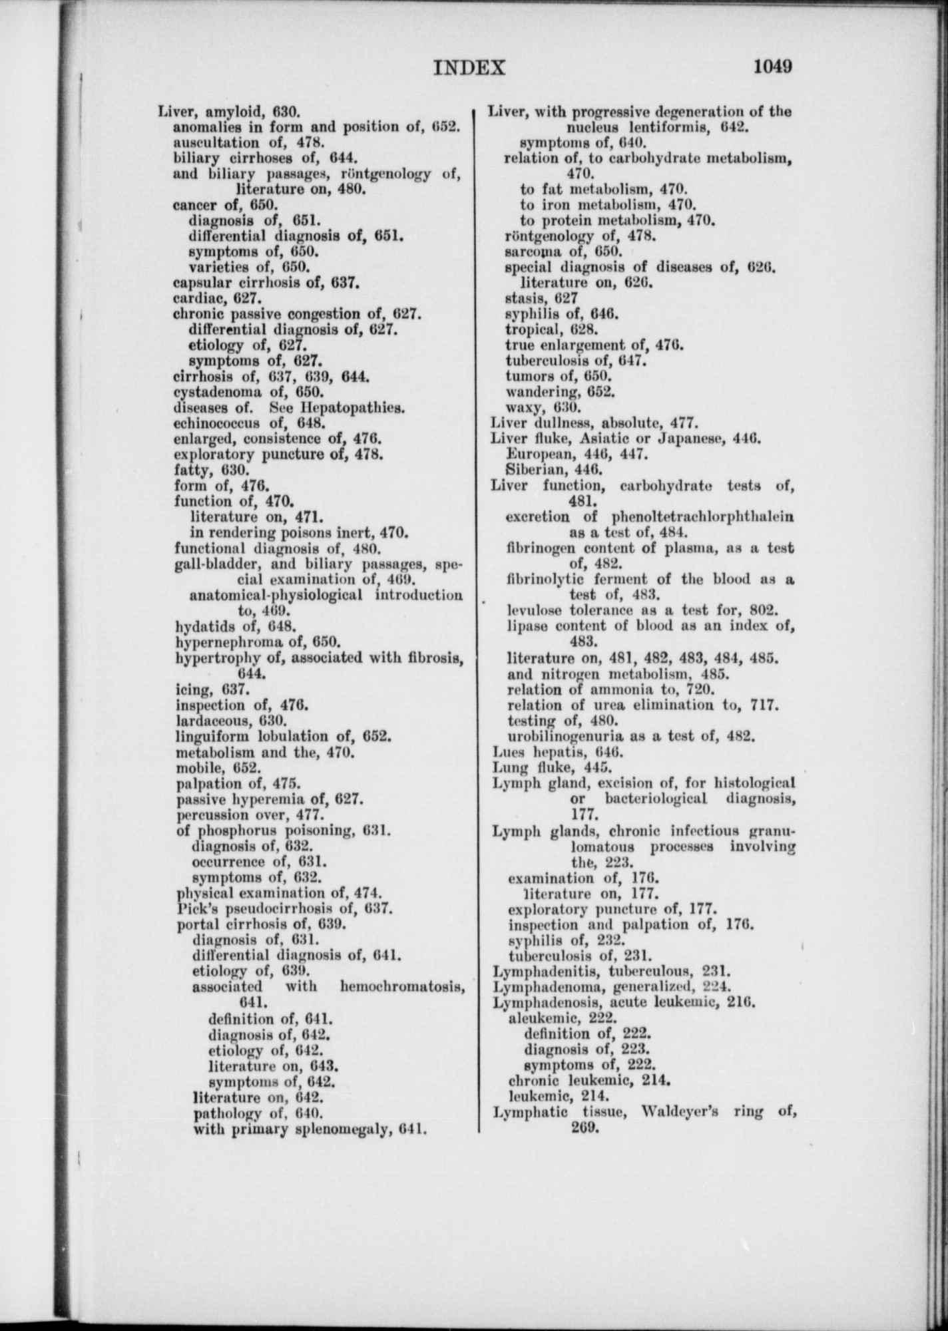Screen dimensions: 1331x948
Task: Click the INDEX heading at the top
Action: click(469, 68)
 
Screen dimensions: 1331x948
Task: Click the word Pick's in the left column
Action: click(196, 908)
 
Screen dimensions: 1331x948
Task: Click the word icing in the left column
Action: click(190, 689)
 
